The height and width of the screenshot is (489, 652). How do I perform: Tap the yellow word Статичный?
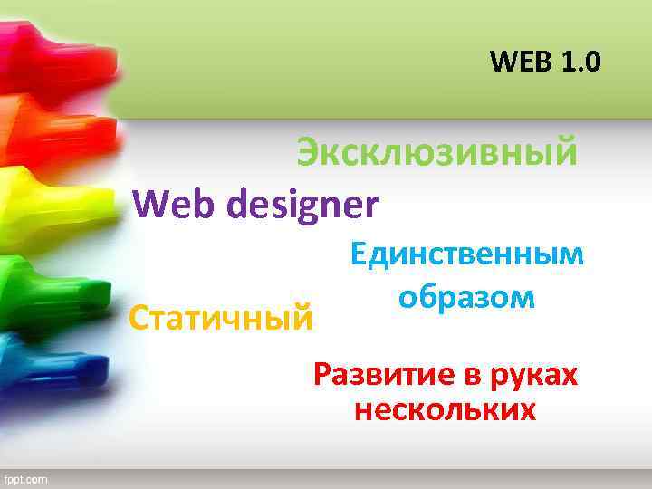222,318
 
